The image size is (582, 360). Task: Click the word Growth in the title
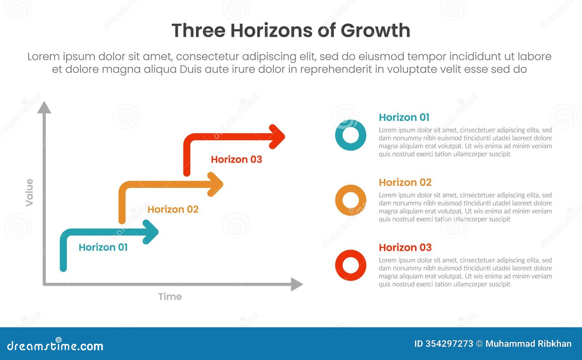tap(375, 31)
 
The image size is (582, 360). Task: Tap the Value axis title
tap(29, 192)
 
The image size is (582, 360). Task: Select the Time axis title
tap(170, 297)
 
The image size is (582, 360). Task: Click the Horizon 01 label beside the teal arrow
tap(103, 247)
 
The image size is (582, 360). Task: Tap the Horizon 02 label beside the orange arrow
tap(173, 209)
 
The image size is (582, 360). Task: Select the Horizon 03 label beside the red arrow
tap(236, 159)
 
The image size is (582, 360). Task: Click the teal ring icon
tap(351, 135)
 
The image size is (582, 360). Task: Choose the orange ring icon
tap(351, 200)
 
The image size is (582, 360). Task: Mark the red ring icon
tap(351, 265)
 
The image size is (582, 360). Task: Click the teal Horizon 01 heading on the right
tap(404, 117)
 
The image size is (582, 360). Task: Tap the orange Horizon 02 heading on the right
tap(405, 183)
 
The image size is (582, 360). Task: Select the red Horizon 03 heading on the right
tap(405, 248)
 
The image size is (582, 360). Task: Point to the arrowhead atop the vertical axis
tap(44, 108)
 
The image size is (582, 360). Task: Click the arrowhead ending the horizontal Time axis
tap(296, 284)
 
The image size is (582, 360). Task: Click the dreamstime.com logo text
tap(55, 345)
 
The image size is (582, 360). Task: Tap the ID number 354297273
tap(449, 344)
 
